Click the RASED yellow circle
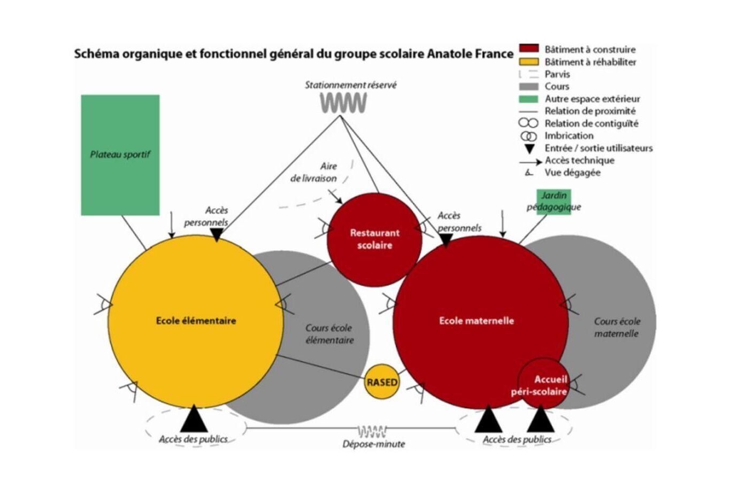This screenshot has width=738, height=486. coord(382,382)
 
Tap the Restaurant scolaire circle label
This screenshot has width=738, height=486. coord(374,239)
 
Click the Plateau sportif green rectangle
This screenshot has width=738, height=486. coord(120,155)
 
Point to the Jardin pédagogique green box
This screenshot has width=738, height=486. coord(553,202)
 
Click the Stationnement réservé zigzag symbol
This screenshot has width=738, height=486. coord(343,103)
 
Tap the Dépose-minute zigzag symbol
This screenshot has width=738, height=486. coord(372,431)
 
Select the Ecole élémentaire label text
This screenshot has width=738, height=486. coord(196,321)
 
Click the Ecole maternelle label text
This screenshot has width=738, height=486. coord(476,321)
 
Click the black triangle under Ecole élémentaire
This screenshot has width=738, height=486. coord(194,420)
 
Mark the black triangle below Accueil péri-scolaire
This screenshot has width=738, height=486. coord(541,420)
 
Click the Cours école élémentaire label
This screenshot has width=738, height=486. coord(329,334)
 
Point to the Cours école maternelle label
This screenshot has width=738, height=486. coord(617,327)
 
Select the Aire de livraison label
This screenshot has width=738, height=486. coord(314,172)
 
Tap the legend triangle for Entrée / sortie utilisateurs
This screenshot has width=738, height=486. coord(529,149)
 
